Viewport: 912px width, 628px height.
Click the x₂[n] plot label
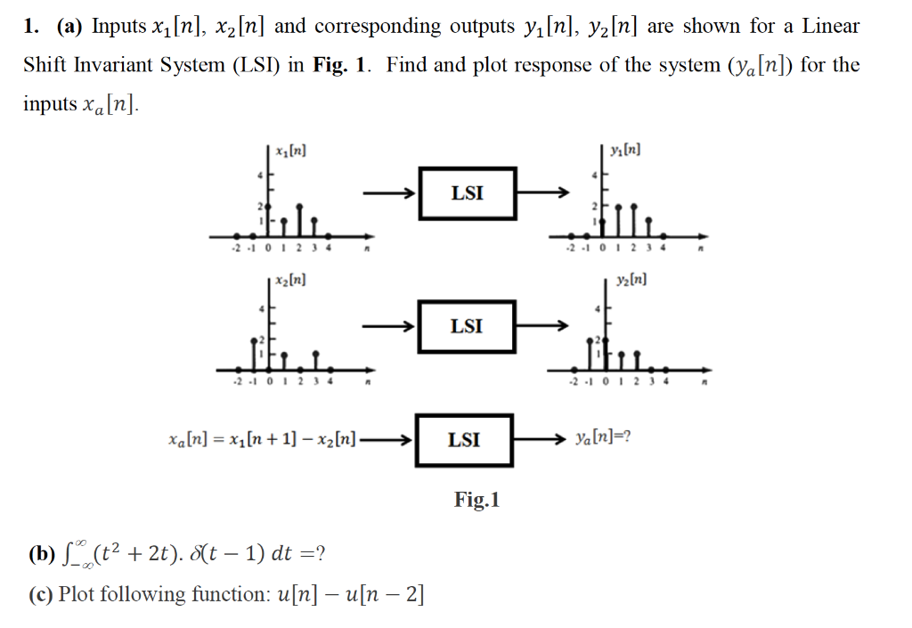pyautogui.click(x=292, y=281)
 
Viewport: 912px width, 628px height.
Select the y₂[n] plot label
pyautogui.click(x=631, y=281)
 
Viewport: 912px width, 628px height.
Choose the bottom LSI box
pyautogui.click(x=464, y=439)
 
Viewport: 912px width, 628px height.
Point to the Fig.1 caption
pyautogui.click(x=477, y=500)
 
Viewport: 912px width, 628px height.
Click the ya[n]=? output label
pyautogui.click(x=603, y=439)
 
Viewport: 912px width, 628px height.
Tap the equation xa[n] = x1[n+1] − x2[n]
pyautogui.click(x=262, y=439)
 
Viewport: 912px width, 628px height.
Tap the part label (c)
pyautogui.click(x=40, y=594)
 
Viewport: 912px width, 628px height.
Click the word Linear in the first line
pyautogui.click(x=830, y=26)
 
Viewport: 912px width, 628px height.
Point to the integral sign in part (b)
pyautogui.click(x=65, y=556)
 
